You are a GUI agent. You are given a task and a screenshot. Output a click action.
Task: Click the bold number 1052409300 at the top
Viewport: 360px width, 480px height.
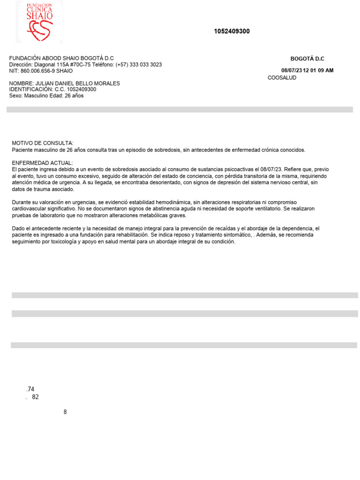(x=232, y=31)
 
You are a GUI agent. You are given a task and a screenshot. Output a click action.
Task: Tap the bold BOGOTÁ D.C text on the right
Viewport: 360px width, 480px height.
(x=307, y=59)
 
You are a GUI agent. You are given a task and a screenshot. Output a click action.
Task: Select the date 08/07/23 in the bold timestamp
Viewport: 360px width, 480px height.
(x=292, y=71)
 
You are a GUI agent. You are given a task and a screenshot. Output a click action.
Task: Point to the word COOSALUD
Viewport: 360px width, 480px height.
(x=282, y=78)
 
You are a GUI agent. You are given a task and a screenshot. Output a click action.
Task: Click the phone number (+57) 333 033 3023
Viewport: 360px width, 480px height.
(x=140, y=65)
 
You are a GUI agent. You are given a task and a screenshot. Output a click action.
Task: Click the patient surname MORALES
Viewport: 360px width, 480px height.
(x=105, y=83)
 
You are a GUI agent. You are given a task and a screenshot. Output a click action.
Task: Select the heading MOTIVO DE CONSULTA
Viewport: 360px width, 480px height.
(x=42, y=142)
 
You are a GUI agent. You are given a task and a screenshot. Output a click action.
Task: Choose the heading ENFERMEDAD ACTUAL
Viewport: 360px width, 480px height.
(x=42, y=162)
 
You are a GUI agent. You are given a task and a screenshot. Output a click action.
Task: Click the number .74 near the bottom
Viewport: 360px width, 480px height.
(x=31, y=389)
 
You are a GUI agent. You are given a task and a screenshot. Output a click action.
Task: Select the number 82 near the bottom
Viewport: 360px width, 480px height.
(x=35, y=397)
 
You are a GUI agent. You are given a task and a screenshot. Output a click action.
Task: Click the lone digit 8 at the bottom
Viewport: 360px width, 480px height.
(x=65, y=412)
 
